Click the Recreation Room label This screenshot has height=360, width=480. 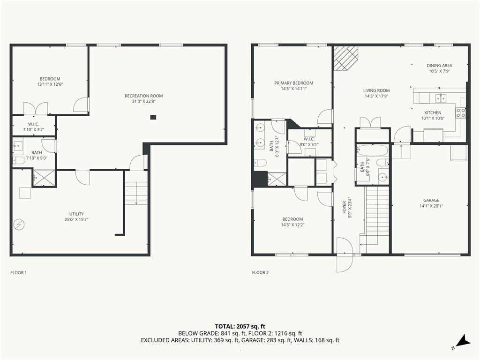point(143,96)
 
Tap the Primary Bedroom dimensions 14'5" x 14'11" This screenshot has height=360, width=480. point(293,89)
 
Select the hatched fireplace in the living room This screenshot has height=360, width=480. point(345,58)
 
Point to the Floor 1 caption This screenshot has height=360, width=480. point(19,272)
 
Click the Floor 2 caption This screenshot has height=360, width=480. point(260,272)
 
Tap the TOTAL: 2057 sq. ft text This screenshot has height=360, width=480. point(240,326)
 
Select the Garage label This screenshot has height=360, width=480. point(431,201)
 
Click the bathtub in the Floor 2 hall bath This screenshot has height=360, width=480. point(372,151)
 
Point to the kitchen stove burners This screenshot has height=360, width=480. point(460,112)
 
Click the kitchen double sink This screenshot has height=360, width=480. point(441,98)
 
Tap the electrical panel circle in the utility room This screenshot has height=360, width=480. point(19,225)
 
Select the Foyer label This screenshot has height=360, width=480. point(345,207)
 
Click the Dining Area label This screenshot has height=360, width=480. point(439,65)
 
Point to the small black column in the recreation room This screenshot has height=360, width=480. point(153,117)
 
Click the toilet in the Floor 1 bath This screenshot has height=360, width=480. point(18,161)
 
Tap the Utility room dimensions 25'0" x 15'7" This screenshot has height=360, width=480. point(76,219)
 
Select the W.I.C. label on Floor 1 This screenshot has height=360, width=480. point(34,124)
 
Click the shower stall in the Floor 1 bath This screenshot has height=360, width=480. point(45,178)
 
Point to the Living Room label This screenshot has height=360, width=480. point(376,90)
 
